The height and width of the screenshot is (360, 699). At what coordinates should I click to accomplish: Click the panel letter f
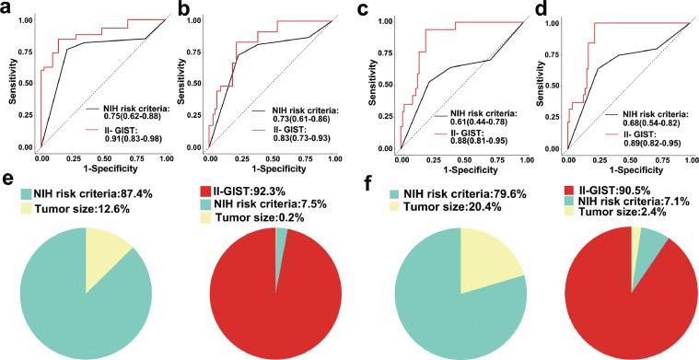coord(369,192)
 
